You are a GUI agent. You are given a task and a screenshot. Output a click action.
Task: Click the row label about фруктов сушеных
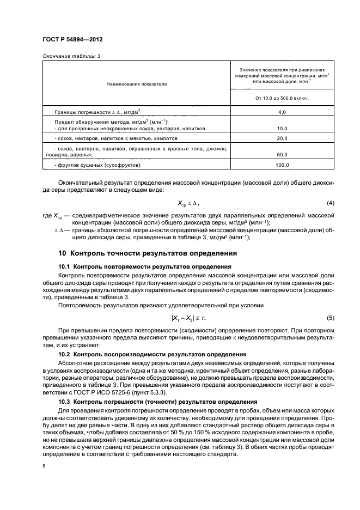coord(97,165)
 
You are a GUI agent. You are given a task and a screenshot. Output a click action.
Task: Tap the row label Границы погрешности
coord(89,112)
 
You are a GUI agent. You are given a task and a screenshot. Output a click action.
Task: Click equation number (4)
coord(330,203)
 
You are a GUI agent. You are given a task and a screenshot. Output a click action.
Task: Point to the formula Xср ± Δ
coord(188,203)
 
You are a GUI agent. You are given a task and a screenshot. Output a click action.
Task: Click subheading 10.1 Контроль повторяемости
coord(144,266)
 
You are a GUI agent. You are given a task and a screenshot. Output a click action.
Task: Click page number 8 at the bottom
coord(44,466)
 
